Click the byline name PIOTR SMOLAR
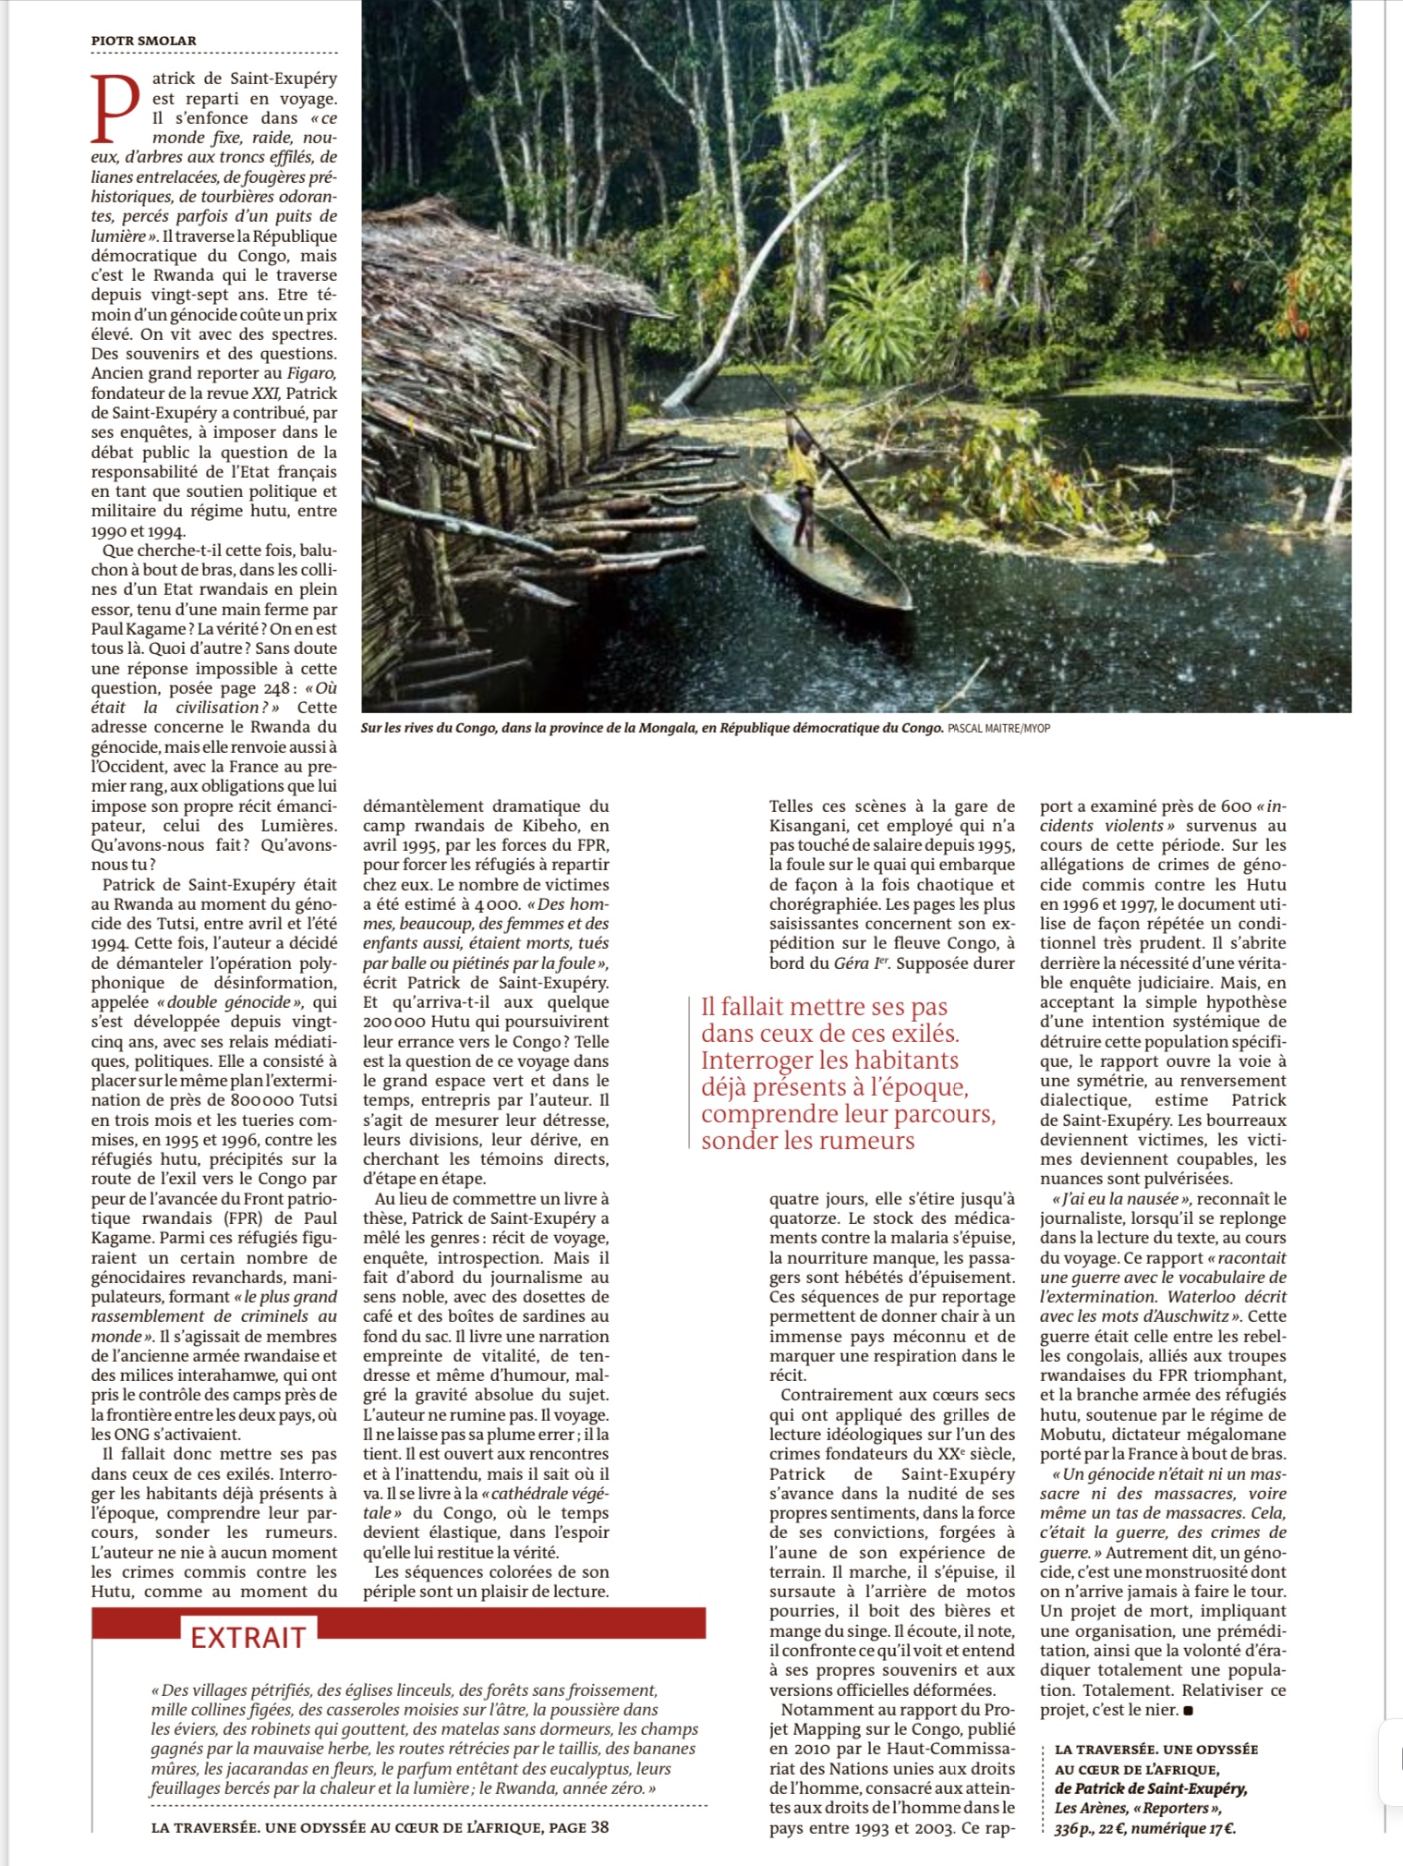143,40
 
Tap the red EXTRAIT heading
248,1638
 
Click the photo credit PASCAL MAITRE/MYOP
998,729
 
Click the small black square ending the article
1187,1710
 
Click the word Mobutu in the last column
1070,1435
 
